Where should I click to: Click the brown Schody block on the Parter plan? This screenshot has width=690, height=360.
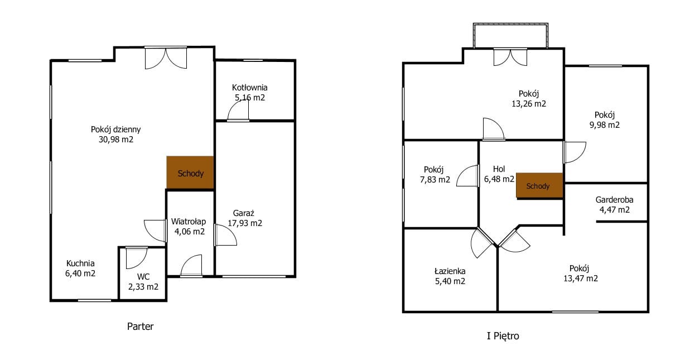click(x=190, y=172)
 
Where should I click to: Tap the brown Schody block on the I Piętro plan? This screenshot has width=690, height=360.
click(x=539, y=185)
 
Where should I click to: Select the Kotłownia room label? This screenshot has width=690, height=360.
click(x=249, y=88)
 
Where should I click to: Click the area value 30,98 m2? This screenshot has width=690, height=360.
click(x=116, y=140)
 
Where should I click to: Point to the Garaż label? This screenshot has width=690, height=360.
click(x=243, y=213)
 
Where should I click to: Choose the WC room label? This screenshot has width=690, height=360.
click(x=143, y=276)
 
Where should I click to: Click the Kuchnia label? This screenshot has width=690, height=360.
click(x=80, y=263)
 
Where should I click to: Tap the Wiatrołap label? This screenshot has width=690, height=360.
click(x=189, y=221)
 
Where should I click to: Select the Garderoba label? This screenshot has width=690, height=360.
click(x=614, y=200)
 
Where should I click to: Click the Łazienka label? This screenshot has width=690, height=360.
click(x=450, y=271)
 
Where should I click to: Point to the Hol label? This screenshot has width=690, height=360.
click(x=499, y=169)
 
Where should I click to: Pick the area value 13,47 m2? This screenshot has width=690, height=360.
click(x=581, y=279)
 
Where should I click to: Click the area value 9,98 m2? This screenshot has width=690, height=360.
click(x=604, y=125)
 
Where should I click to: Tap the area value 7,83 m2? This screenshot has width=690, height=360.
click(x=435, y=179)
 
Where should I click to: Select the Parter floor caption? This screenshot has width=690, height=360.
click(x=140, y=326)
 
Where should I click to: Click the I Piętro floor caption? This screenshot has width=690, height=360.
click(x=503, y=335)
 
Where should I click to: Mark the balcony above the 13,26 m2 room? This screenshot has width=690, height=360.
click(x=510, y=36)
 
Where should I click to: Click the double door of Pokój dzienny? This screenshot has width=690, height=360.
click(x=166, y=57)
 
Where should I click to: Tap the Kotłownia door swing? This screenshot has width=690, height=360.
click(x=238, y=110)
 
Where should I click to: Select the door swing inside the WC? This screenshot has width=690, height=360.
click(x=137, y=258)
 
